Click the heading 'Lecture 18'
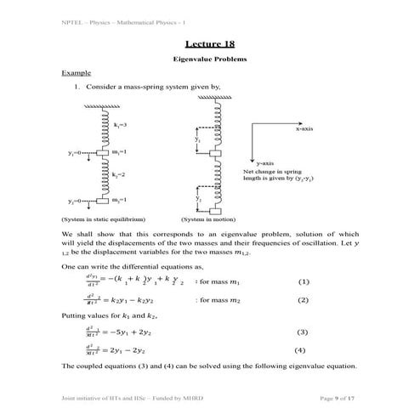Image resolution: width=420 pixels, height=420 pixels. (209, 43)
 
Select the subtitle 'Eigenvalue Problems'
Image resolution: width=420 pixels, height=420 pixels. (209, 60)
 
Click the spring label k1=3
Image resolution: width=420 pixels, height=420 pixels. (119, 126)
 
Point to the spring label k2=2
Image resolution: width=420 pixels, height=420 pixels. (119, 174)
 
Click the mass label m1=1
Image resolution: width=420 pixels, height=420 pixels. (119, 151)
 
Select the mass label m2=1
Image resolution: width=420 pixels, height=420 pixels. (119, 200)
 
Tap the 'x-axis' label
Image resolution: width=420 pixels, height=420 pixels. (304, 128)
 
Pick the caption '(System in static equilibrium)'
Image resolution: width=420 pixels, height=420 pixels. (103, 219)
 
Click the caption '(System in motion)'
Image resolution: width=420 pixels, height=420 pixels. (203, 219)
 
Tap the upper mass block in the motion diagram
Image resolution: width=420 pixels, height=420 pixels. (214, 153)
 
